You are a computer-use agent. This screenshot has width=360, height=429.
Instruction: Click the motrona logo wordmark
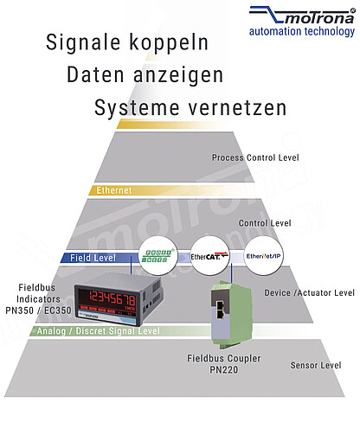click(301, 16)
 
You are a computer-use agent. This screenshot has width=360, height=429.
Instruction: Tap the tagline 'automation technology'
click(302, 31)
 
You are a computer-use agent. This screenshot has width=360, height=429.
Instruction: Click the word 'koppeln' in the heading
click(169, 42)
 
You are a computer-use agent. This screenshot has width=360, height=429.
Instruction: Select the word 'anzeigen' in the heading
click(178, 75)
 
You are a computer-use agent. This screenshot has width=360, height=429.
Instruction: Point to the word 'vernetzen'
click(237, 107)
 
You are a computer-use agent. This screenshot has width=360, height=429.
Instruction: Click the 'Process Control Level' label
click(255, 157)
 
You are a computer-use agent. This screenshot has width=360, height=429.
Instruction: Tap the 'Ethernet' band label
click(114, 190)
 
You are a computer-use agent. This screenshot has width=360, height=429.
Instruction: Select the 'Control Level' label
click(265, 223)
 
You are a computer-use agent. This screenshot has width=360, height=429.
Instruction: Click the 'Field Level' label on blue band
click(93, 258)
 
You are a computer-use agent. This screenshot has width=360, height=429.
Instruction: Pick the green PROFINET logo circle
click(157, 255)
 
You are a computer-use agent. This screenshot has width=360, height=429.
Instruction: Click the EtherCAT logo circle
click(209, 256)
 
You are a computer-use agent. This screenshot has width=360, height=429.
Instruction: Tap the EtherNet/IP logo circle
click(264, 256)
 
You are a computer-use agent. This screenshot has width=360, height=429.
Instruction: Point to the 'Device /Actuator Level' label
click(309, 292)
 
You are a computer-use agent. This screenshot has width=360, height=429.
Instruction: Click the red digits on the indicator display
click(112, 298)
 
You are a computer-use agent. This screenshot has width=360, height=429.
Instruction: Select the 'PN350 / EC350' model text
click(38, 311)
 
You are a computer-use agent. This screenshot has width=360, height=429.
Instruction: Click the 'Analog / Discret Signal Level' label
click(98, 330)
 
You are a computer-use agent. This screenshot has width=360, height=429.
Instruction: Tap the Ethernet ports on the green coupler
click(220, 310)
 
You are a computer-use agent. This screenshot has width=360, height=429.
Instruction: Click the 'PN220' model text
click(224, 369)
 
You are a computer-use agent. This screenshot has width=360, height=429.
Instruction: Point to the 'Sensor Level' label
click(316, 365)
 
